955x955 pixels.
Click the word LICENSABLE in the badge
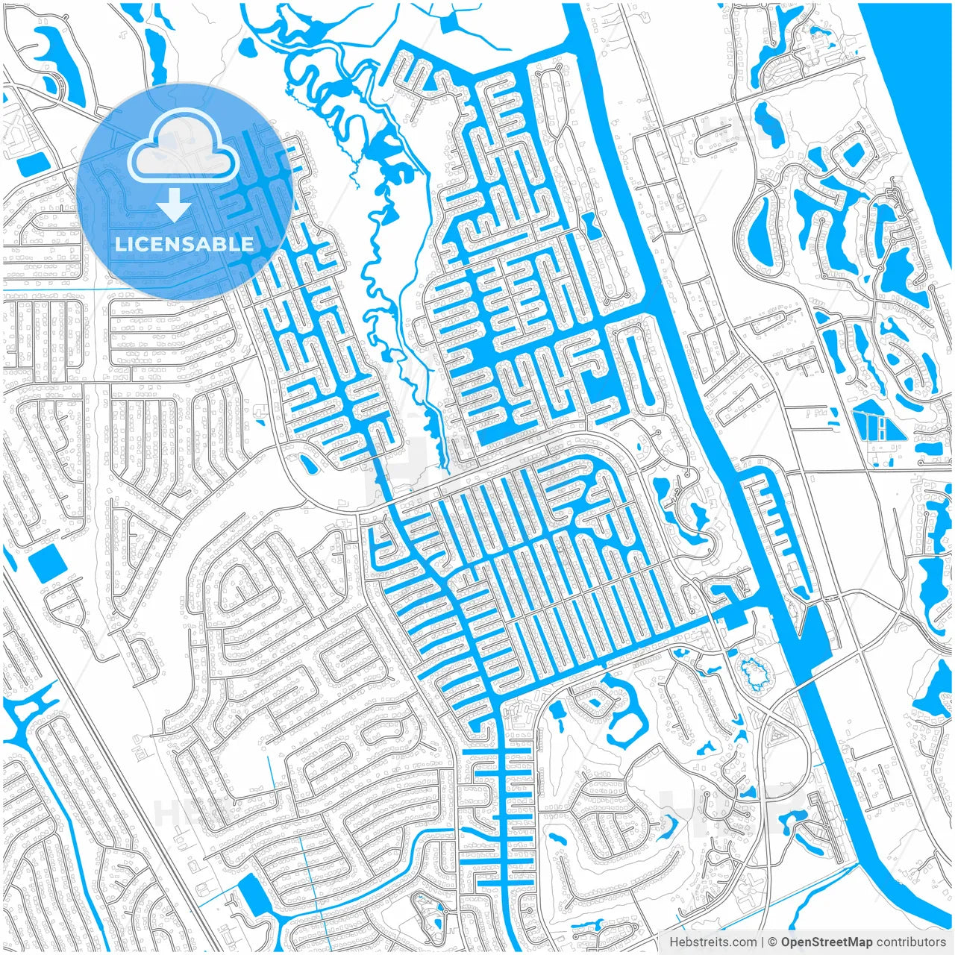pyautogui.click(x=184, y=244)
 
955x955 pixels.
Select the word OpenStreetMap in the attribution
pyautogui.click(x=827, y=942)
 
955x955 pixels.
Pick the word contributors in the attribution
pyautogui.click(x=911, y=942)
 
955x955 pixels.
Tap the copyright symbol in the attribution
pyautogui.click(x=774, y=942)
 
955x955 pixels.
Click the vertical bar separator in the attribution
pyautogui.click(x=762, y=942)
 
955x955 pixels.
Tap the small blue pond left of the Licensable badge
pyautogui.click(x=31, y=162)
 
